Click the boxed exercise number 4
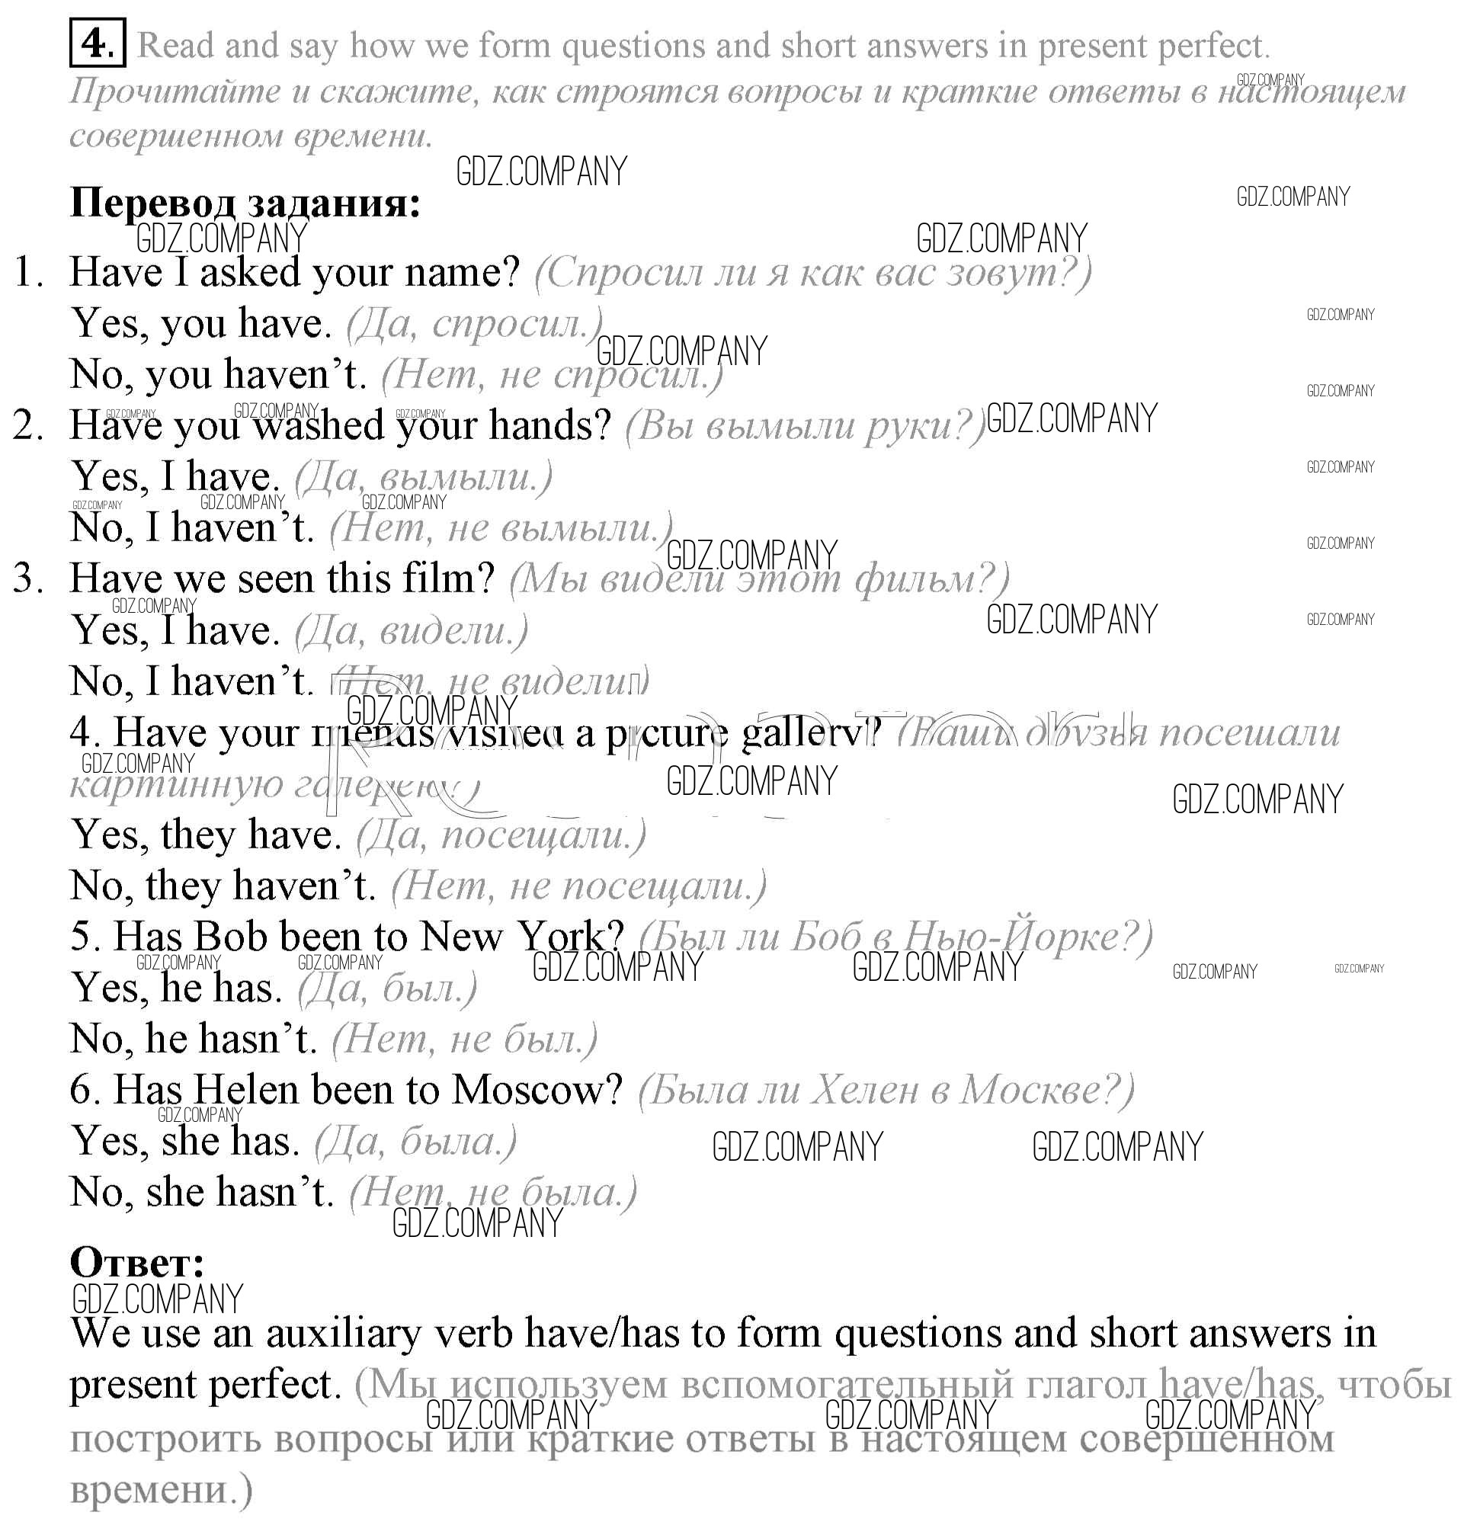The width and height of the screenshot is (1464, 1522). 97,45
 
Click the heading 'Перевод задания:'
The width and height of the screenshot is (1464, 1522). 245,203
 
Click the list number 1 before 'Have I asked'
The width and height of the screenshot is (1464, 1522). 30,272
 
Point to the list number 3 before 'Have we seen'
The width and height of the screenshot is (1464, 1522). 28,578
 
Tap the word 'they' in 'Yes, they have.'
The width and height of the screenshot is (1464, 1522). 197,834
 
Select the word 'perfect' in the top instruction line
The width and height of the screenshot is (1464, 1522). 1213,45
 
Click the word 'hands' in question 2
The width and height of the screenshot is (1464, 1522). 550,425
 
